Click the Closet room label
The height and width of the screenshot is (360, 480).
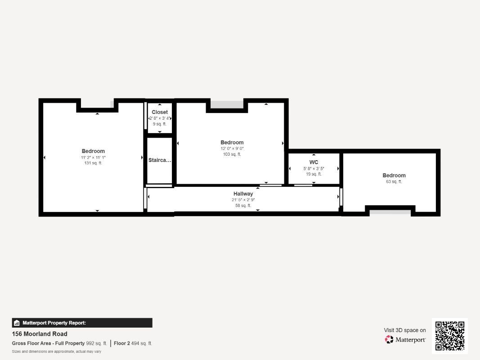click(x=160, y=112)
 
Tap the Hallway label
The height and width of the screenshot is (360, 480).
click(x=243, y=193)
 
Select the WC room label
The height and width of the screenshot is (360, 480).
click(x=314, y=162)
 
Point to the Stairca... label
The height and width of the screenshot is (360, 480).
click(x=160, y=160)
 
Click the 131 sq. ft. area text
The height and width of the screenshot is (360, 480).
click(x=93, y=163)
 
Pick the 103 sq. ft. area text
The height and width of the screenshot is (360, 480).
click(x=232, y=154)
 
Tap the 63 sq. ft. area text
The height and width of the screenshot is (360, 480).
click(x=394, y=181)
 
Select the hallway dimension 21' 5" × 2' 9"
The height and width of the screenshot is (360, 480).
click(x=243, y=199)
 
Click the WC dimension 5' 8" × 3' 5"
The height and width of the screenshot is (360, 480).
click(x=314, y=168)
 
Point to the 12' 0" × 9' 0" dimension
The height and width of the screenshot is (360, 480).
click(x=232, y=148)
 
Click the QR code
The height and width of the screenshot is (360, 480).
click(x=450, y=336)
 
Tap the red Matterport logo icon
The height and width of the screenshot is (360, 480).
click(x=389, y=339)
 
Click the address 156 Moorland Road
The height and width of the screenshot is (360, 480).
click(x=40, y=334)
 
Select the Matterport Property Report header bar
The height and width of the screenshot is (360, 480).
click(x=82, y=323)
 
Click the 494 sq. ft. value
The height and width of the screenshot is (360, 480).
click(x=142, y=343)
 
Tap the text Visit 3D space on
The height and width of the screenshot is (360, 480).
click(x=405, y=330)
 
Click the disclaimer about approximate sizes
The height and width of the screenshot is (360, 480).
click(x=56, y=351)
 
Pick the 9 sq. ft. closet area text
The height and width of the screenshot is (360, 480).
click(x=160, y=124)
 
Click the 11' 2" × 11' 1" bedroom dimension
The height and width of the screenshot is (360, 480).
click(x=93, y=157)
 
